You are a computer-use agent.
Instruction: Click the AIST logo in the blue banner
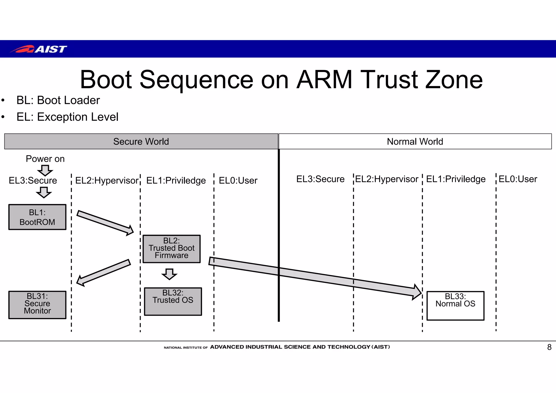(39, 49)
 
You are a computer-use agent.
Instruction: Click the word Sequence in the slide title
(196, 80)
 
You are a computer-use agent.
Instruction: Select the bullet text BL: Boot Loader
(58, 100)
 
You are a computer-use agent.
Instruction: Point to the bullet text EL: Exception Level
(67, 117)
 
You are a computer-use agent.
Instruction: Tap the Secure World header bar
(141, 141)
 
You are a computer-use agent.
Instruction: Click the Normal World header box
(415, 141)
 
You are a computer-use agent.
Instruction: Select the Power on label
(45, 159)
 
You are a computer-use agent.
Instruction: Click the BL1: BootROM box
(37, 217)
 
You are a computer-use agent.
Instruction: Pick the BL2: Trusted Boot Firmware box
(172, 249)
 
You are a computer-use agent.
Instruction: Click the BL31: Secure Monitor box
(37, 305)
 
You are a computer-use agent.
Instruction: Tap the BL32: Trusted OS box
(173, 301)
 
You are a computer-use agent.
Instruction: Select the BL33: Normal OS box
(455, 306)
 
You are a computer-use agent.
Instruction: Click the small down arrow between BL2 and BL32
(169, 274)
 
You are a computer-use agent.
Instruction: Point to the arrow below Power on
(45, 170)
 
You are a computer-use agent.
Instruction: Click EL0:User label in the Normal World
(518, 179)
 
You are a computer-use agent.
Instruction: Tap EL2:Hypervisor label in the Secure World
(107, 180)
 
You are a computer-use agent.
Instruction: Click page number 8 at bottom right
(549, 347)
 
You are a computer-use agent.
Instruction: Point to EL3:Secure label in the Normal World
(320, 179)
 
